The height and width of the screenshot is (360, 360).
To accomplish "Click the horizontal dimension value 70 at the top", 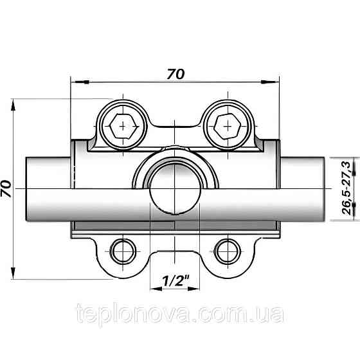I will click(x=175, y=74).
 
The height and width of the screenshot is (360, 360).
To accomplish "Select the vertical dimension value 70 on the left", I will click(x=7, y=188).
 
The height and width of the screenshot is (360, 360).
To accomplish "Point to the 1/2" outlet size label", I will click(x=175, y=281).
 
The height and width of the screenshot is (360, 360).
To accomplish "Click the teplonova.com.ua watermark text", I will click(x=179, y=315).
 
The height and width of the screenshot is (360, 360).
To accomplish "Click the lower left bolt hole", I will click(x=122, y=251).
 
